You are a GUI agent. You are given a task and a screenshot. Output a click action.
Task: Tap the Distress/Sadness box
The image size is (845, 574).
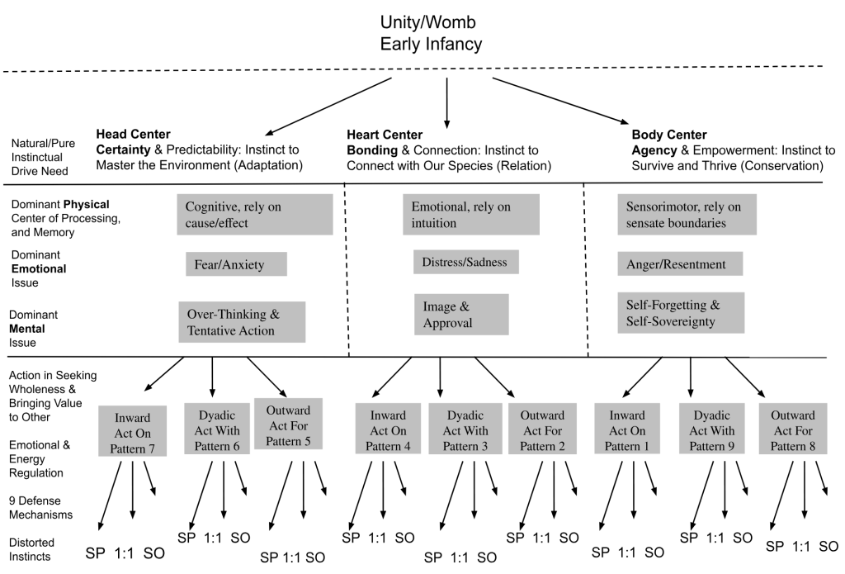(465, 263)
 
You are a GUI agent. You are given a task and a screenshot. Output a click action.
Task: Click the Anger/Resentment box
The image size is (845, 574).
(680, 264)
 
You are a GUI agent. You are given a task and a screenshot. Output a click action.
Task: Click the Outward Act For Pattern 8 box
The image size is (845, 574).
(791, 430)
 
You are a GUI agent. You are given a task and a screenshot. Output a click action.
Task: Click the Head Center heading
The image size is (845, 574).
(133, 135)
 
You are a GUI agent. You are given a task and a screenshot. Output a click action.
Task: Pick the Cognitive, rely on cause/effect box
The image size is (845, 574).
(254, 215)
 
